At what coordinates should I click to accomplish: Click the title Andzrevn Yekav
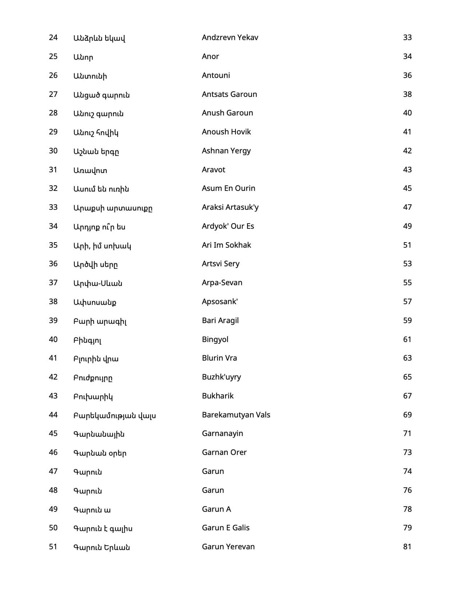[230, 38]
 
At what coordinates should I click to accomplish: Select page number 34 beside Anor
[407, 56]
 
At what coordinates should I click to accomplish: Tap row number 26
[53, 75]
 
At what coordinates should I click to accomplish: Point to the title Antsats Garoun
[229, 94]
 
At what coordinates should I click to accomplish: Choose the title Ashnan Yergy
[226, 151]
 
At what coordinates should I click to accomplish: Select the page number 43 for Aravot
[407, 170]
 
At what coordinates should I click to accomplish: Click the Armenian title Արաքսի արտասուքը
[113, 208]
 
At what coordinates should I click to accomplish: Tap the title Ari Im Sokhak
[226, 245]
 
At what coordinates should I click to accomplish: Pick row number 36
[53, 264]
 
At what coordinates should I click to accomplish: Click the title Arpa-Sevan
[222, 283]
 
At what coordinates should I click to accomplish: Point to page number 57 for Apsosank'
[407, 302]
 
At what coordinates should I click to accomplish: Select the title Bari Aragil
[220, 321]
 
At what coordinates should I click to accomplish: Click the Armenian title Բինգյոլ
[87, 340]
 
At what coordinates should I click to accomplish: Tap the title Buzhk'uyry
[221, 377]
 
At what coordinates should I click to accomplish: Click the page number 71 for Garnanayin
[407, 433]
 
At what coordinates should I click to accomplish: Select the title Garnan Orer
[224, 452]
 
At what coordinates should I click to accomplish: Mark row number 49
[53, 509]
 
